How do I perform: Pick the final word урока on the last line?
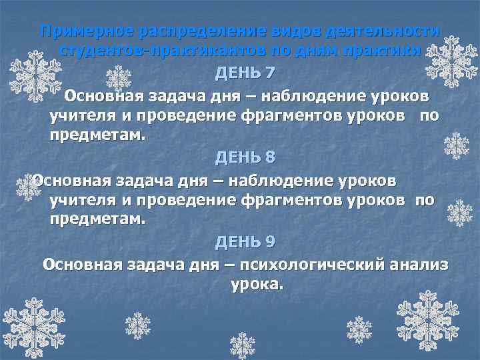[257, 285]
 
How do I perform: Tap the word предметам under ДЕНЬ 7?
[96, 135]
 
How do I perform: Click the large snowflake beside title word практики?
[452, 60]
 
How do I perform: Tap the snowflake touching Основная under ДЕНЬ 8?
[29, 185]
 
